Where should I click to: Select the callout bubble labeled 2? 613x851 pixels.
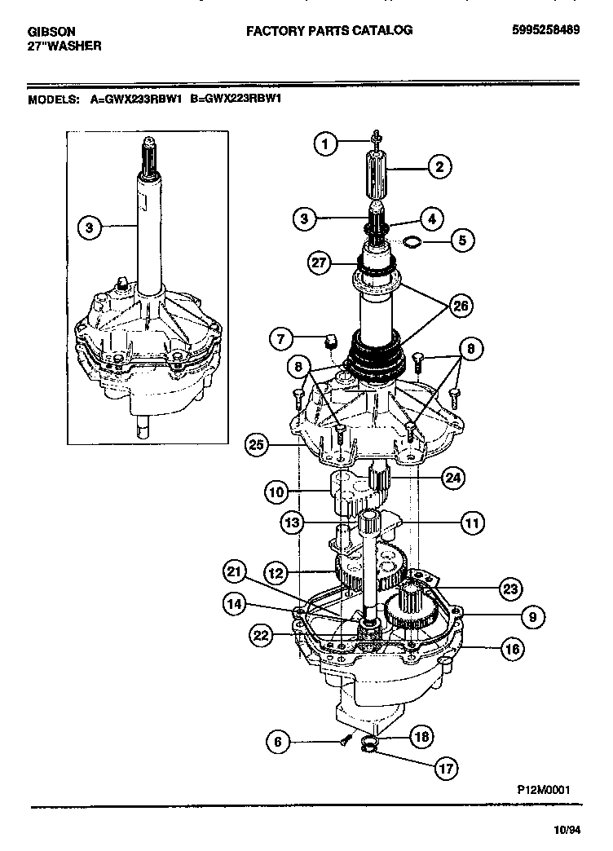tap(439, 169)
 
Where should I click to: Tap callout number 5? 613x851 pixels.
tap(462, 240)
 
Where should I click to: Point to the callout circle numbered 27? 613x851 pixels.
tap(320, 262)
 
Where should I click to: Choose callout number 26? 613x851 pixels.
tap(461, 306)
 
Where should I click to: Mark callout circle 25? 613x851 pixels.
tap(258, 444)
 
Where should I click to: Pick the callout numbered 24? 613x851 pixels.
tap(453, 477)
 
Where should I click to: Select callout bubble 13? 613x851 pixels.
tap(292, 521)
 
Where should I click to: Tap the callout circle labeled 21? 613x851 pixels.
tap(235, 574)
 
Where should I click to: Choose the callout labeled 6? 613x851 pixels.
tap(278, 741)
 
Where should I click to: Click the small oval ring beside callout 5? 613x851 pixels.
tap(414, 240)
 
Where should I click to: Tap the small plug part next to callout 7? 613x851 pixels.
tap(330, 338)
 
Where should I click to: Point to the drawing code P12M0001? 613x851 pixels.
tap(543, 790)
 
